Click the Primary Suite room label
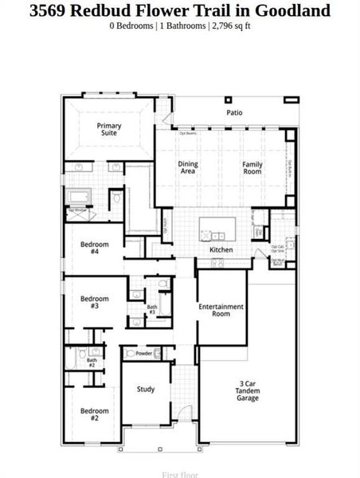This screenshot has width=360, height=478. (x=108, y=129)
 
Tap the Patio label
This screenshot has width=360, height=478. (x=233, y=113)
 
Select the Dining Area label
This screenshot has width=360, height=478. (x=188, y=167)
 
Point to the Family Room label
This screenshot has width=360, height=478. (x=252, y=167)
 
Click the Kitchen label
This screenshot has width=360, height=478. (x=221, y=250)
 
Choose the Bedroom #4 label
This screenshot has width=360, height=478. (x=94, y=247)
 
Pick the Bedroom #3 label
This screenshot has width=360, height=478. (x=94, y=302)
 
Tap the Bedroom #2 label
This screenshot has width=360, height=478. (x=94, y=414)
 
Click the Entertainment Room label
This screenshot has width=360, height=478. (x=221, y=310)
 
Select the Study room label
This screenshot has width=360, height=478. (x=145, y=390)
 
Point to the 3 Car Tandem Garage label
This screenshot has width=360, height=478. (x=247, y=390)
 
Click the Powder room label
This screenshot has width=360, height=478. (x=144, y=353)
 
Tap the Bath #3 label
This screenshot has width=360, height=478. (x=151, y=309)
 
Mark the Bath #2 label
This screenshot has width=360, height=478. (x=92, y=362)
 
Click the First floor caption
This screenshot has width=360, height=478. (x=180, y=475)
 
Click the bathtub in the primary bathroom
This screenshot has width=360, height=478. (x=81, y=197)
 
